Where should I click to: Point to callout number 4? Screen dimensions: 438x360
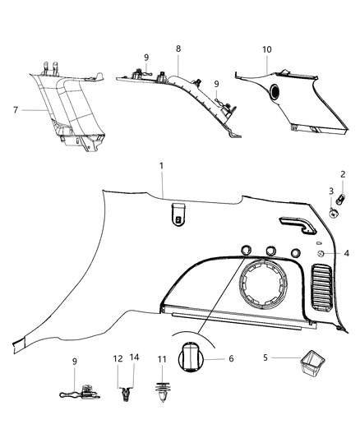click(347, 255)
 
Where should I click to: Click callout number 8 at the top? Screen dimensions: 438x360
click(177, 49)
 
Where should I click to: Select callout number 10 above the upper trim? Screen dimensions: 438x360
click(265, 49)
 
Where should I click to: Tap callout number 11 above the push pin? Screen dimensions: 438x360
click(162, 359)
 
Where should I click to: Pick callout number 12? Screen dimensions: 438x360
click(118, 359)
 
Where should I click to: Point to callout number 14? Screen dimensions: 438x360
click(135, 359)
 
